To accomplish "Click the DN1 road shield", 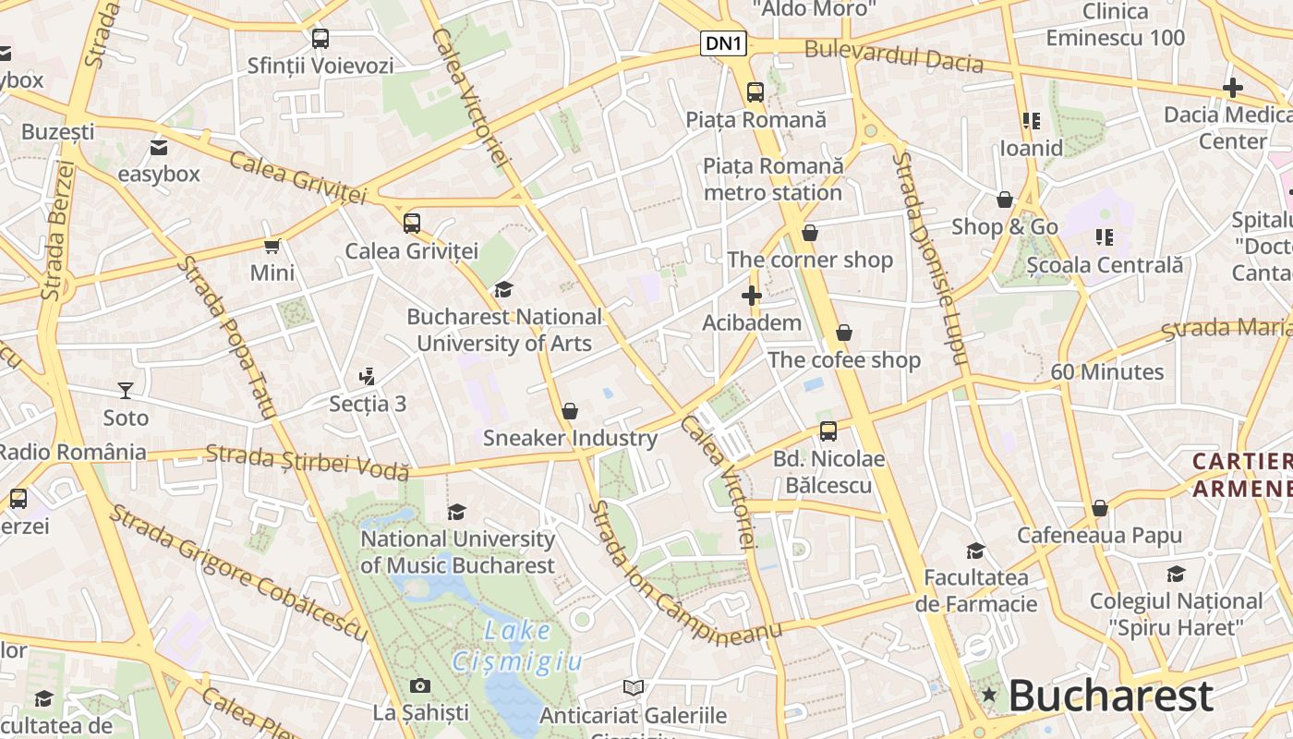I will (x=723, y=43).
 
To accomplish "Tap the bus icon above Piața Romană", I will (x=755, y=92).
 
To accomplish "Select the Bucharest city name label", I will (x=1110, y=696).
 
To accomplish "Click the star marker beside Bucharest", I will (x=989, y=694).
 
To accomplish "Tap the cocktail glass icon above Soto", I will (x=126, y=391).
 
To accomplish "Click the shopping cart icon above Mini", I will (x=272, y=246).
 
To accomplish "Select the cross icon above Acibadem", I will (x=752, y=296).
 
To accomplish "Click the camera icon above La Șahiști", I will (x=420, y=685).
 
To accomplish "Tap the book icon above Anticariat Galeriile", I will (x=633, y=688).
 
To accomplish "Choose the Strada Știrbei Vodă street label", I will (x=308, y=462).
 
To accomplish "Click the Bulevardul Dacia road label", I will (x=893, y=56).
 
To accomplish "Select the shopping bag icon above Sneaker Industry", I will (x=570, y=410).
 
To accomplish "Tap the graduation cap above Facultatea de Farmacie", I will (x=975, y=551).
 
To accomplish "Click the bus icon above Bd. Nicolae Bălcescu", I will (x=828, y=431).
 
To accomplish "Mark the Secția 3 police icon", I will (x=368, y=377).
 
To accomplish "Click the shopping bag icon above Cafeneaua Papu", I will (x=1099, y=508).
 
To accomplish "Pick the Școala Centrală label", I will (x=1105, y=265).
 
